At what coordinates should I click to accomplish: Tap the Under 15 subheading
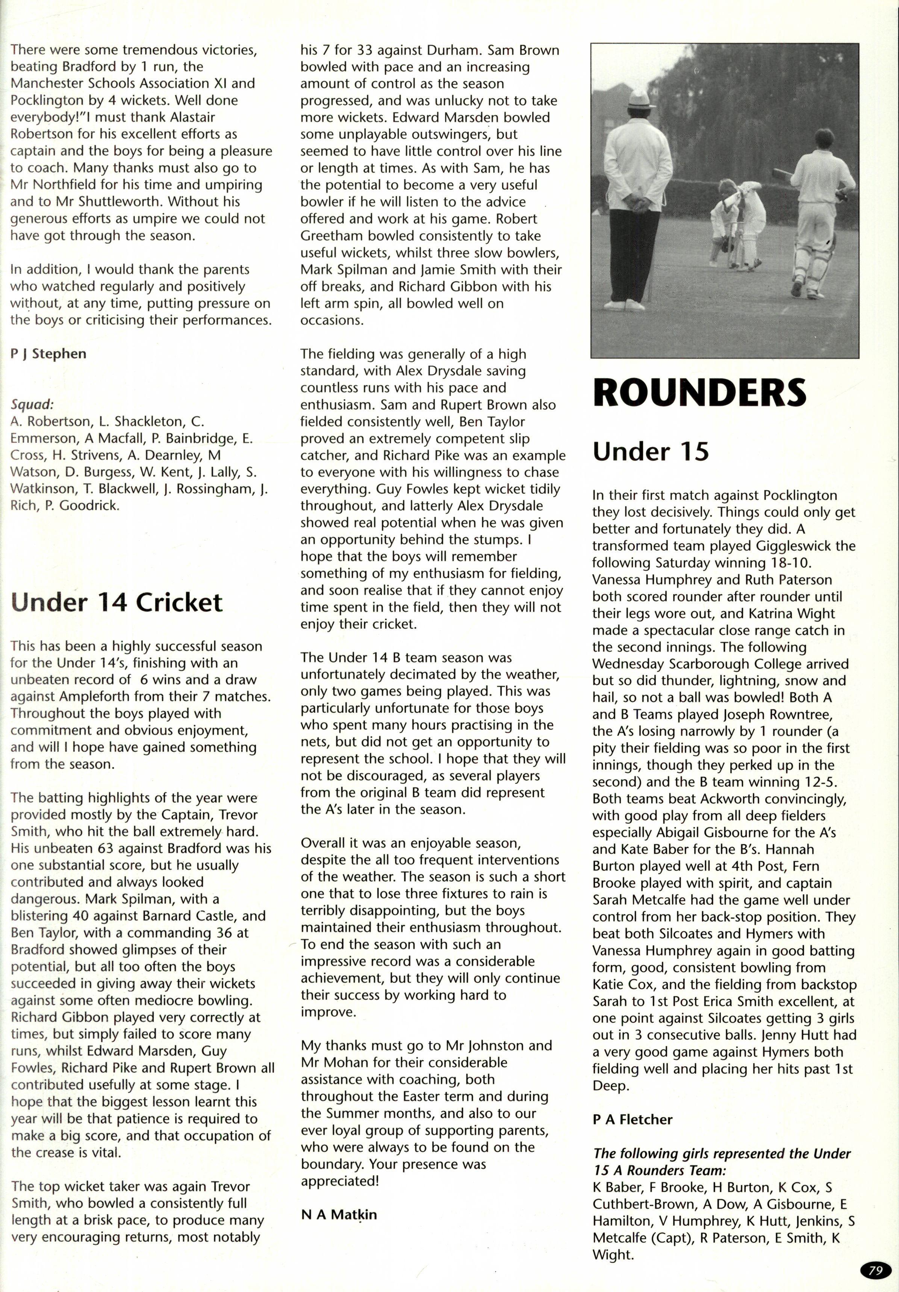point(650,451)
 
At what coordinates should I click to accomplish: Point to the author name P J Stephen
point(48,353)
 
